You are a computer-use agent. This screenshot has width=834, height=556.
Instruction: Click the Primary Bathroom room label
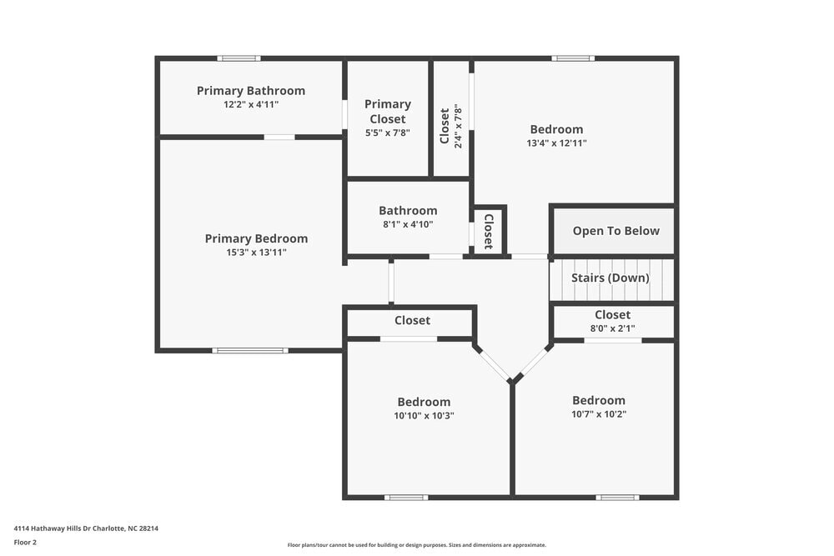coord(250,91)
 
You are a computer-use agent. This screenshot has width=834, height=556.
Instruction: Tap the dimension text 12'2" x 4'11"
coord(250,105)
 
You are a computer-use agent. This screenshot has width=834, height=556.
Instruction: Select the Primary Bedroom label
coord(256,238)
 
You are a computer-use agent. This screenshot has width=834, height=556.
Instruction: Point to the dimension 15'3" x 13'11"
coord(256,252)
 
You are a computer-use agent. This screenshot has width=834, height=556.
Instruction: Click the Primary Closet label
coord(388,112)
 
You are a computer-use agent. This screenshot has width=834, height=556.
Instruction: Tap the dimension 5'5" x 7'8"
coord(388,132)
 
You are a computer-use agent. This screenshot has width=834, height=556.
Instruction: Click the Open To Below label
coord(615,231)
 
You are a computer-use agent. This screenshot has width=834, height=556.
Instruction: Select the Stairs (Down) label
coord(610,278)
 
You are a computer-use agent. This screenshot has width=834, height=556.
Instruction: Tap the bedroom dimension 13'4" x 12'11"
coord(556,143)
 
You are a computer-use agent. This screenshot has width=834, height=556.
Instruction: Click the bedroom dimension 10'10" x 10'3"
coord(424,415)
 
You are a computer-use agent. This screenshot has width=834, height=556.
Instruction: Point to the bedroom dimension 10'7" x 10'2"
coord(599,413)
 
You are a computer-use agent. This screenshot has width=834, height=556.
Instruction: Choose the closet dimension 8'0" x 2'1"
coord(612,328)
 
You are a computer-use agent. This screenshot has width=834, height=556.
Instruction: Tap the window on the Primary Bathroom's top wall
coord(239,58)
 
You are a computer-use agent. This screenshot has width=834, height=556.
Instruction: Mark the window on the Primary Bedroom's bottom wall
coord(249,350)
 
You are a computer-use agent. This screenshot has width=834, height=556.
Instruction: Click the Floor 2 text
coord(25,542)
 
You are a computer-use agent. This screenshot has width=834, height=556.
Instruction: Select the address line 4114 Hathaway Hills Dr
coord(86,528)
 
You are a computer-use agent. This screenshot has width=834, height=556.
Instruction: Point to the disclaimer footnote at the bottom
coord(417,545)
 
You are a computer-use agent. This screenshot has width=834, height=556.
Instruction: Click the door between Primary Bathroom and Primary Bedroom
coord(279,137)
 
